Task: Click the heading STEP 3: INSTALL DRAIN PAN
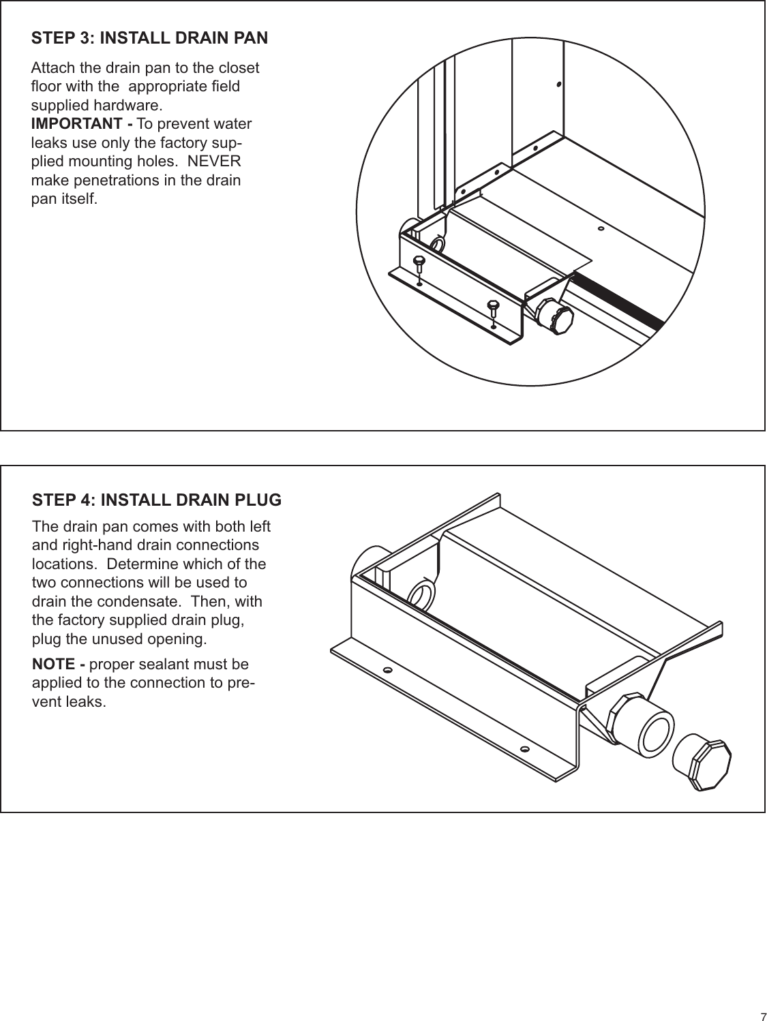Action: [x=149, y=37]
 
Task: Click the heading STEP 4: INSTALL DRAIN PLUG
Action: [x=156, y=500]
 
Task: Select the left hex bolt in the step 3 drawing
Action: [x=419, y=262]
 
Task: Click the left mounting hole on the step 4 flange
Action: [x=387, y=671]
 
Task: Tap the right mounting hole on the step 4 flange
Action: [x=524, y=748]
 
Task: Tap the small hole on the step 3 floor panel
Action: [x=600, y=229]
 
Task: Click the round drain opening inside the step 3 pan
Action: [x=437, y=244]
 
